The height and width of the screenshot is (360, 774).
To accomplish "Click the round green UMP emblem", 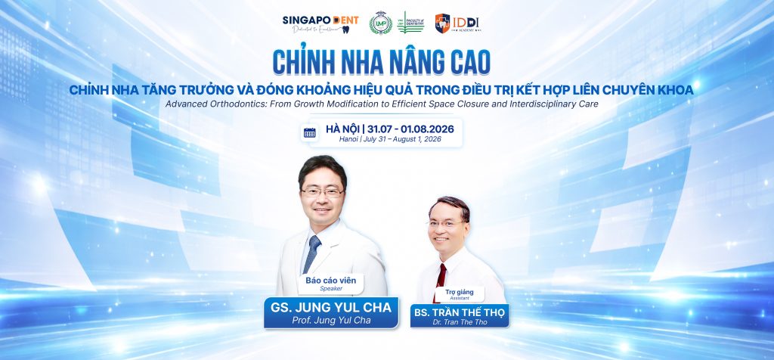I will (380, 23).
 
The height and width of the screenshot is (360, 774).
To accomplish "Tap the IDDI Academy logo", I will (464, 23).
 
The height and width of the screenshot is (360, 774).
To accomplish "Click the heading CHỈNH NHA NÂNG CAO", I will (386, 60).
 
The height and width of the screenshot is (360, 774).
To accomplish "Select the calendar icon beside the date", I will (310, 133).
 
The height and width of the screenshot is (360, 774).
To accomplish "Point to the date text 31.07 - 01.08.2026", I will (411, 129).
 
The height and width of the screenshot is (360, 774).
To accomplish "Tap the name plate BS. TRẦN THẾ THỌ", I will (460, 312).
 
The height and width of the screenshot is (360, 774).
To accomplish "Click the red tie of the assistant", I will (441, 275).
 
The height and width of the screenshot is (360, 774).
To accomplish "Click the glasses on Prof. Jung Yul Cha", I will (320, 191).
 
